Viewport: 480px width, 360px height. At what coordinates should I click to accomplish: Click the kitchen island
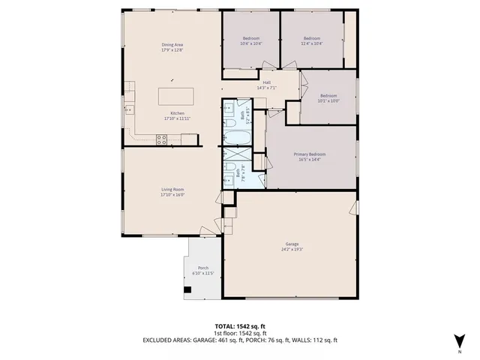[175, 97]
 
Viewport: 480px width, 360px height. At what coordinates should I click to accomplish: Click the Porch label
[202, 268]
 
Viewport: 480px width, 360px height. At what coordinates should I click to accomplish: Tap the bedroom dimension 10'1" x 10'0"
[328, 101]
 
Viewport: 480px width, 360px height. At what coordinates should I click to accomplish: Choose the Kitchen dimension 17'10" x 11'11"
[177, 118]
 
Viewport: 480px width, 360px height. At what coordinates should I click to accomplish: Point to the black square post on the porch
[185, 289]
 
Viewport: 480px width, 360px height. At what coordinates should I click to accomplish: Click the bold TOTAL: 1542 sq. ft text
[240, 326]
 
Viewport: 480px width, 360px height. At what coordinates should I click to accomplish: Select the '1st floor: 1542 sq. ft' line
[240, 333]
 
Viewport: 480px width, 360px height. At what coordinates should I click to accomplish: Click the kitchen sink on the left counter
[129, 109]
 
